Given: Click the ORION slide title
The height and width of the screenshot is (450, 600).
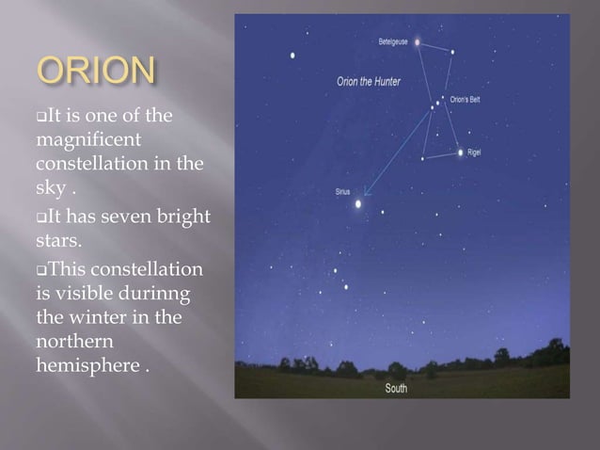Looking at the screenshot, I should (x=94, y=72).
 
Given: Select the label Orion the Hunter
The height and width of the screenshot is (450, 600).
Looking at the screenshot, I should (x=369, y=82).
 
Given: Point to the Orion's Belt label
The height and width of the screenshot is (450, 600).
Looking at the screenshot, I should (x=466, y=99).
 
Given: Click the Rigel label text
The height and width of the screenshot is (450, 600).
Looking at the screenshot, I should (x=474, y=151).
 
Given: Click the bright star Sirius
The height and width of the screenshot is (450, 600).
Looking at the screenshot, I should (x=358, y=202).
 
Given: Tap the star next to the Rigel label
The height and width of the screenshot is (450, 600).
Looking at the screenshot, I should (x=460, y=152).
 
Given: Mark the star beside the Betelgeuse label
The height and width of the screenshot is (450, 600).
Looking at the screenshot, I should (x=418, y=42).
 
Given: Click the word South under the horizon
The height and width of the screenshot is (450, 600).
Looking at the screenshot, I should (x=396, y=388).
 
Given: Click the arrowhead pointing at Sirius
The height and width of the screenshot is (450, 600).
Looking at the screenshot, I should (x=367, y=194).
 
